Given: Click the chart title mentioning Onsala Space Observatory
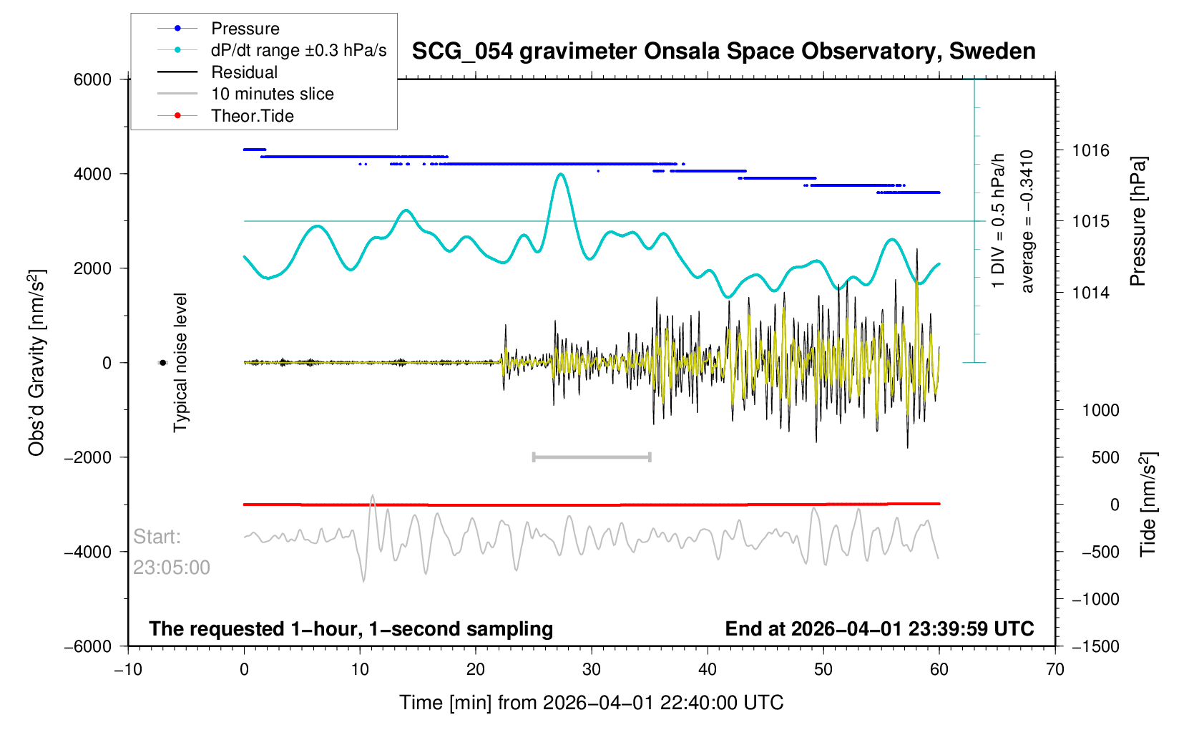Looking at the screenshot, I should click(x=723, y=52).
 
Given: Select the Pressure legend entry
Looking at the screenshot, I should click(x=245, y=29).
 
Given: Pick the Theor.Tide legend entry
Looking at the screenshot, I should click(x=252, y=116).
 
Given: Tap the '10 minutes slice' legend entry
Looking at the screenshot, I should click(x=272, y=94).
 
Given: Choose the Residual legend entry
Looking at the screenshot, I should click(x=244, y=72).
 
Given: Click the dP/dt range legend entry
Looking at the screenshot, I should click(x=298, y=50).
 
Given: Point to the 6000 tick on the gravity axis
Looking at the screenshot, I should click(x=93, y=79).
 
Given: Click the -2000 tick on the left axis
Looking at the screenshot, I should click(x=88, y=457).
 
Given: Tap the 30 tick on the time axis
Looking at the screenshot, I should click(x=592, y=669).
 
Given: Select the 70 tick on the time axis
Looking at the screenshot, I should click(x=1054, y=669).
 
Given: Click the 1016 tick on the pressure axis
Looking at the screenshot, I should click(x=1090, y=150).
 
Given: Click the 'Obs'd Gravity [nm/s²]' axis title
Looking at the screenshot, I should click(x=36, y=363).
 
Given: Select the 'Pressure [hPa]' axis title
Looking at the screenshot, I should click(x=1137, y=221).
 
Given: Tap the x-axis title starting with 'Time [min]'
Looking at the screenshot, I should click(x=591, y=703).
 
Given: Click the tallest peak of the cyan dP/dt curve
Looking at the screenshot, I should click(x=561, y=174).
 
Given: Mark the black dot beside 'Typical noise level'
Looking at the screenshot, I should click(x=162, y=363).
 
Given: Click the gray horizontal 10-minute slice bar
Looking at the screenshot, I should click(x=592, y=457).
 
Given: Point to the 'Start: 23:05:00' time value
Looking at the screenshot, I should click(x=172, y=568).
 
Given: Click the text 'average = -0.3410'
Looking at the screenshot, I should click(x=1027, y=221).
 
